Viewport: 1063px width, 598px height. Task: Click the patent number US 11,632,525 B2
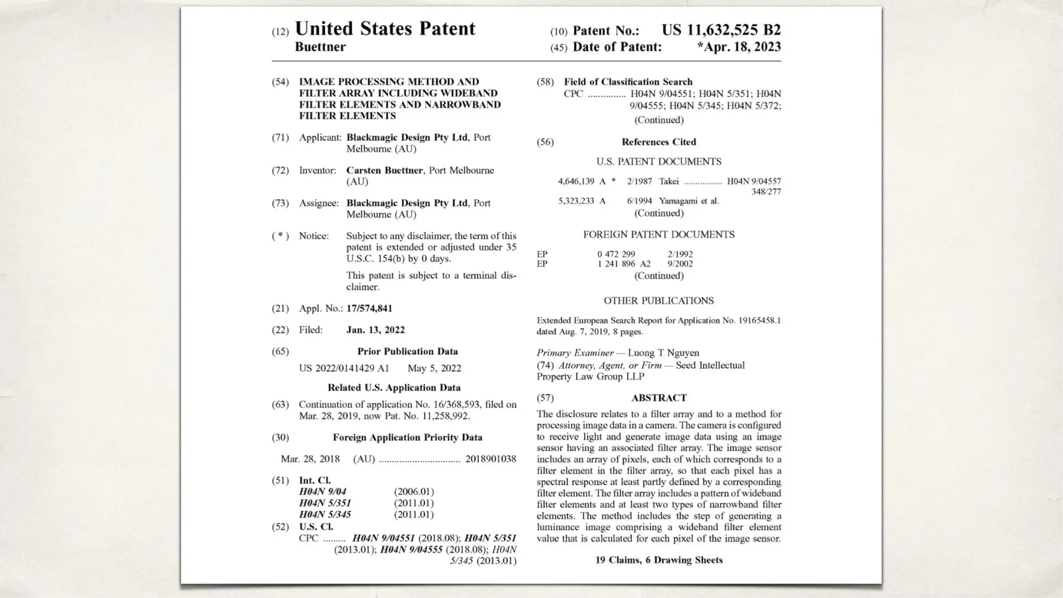click(x=721, y=30)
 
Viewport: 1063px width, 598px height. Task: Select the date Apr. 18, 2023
click(x=740, y=47)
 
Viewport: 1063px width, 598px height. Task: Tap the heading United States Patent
click(x=385, y=29)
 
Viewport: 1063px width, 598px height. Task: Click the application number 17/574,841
click(x=369, y=308)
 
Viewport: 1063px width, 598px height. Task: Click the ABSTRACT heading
click(x=658, y=398)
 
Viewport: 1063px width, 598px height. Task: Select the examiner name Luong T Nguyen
click(x=663, y=353)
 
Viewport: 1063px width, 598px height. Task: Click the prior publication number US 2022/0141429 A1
click(x=344, y=368)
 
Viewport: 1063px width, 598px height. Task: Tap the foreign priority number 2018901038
click(x=490, y=458)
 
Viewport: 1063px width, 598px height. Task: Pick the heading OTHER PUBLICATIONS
click(x=658, y=300)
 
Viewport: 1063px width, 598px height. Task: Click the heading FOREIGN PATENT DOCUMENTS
click(x=658, y=235)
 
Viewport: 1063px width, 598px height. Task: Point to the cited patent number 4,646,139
click(x=576, y=181)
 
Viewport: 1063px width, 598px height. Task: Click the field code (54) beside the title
click(x=280, y=82)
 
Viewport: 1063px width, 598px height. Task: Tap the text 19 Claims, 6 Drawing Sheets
click(x=658, y=560)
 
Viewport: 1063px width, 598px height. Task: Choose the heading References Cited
click(x=658, y=142)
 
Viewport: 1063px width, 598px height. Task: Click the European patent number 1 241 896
click(x=616, y=264)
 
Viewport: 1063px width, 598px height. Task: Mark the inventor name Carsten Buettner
click(x=384, y=170)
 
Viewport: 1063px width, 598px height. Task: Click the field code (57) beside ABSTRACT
click(x=545, y=398)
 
